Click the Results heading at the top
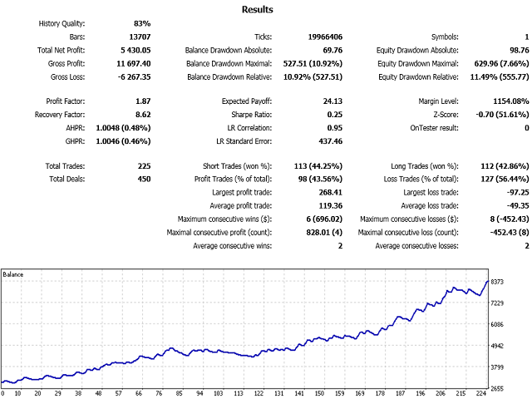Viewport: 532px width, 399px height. pos(257,10)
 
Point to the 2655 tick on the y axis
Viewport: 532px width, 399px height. pos(497,387)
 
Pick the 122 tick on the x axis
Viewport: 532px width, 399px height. pos(259,394)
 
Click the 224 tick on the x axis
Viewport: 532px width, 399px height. pos(481,394)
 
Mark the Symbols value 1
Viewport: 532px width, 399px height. pos(526,37)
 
